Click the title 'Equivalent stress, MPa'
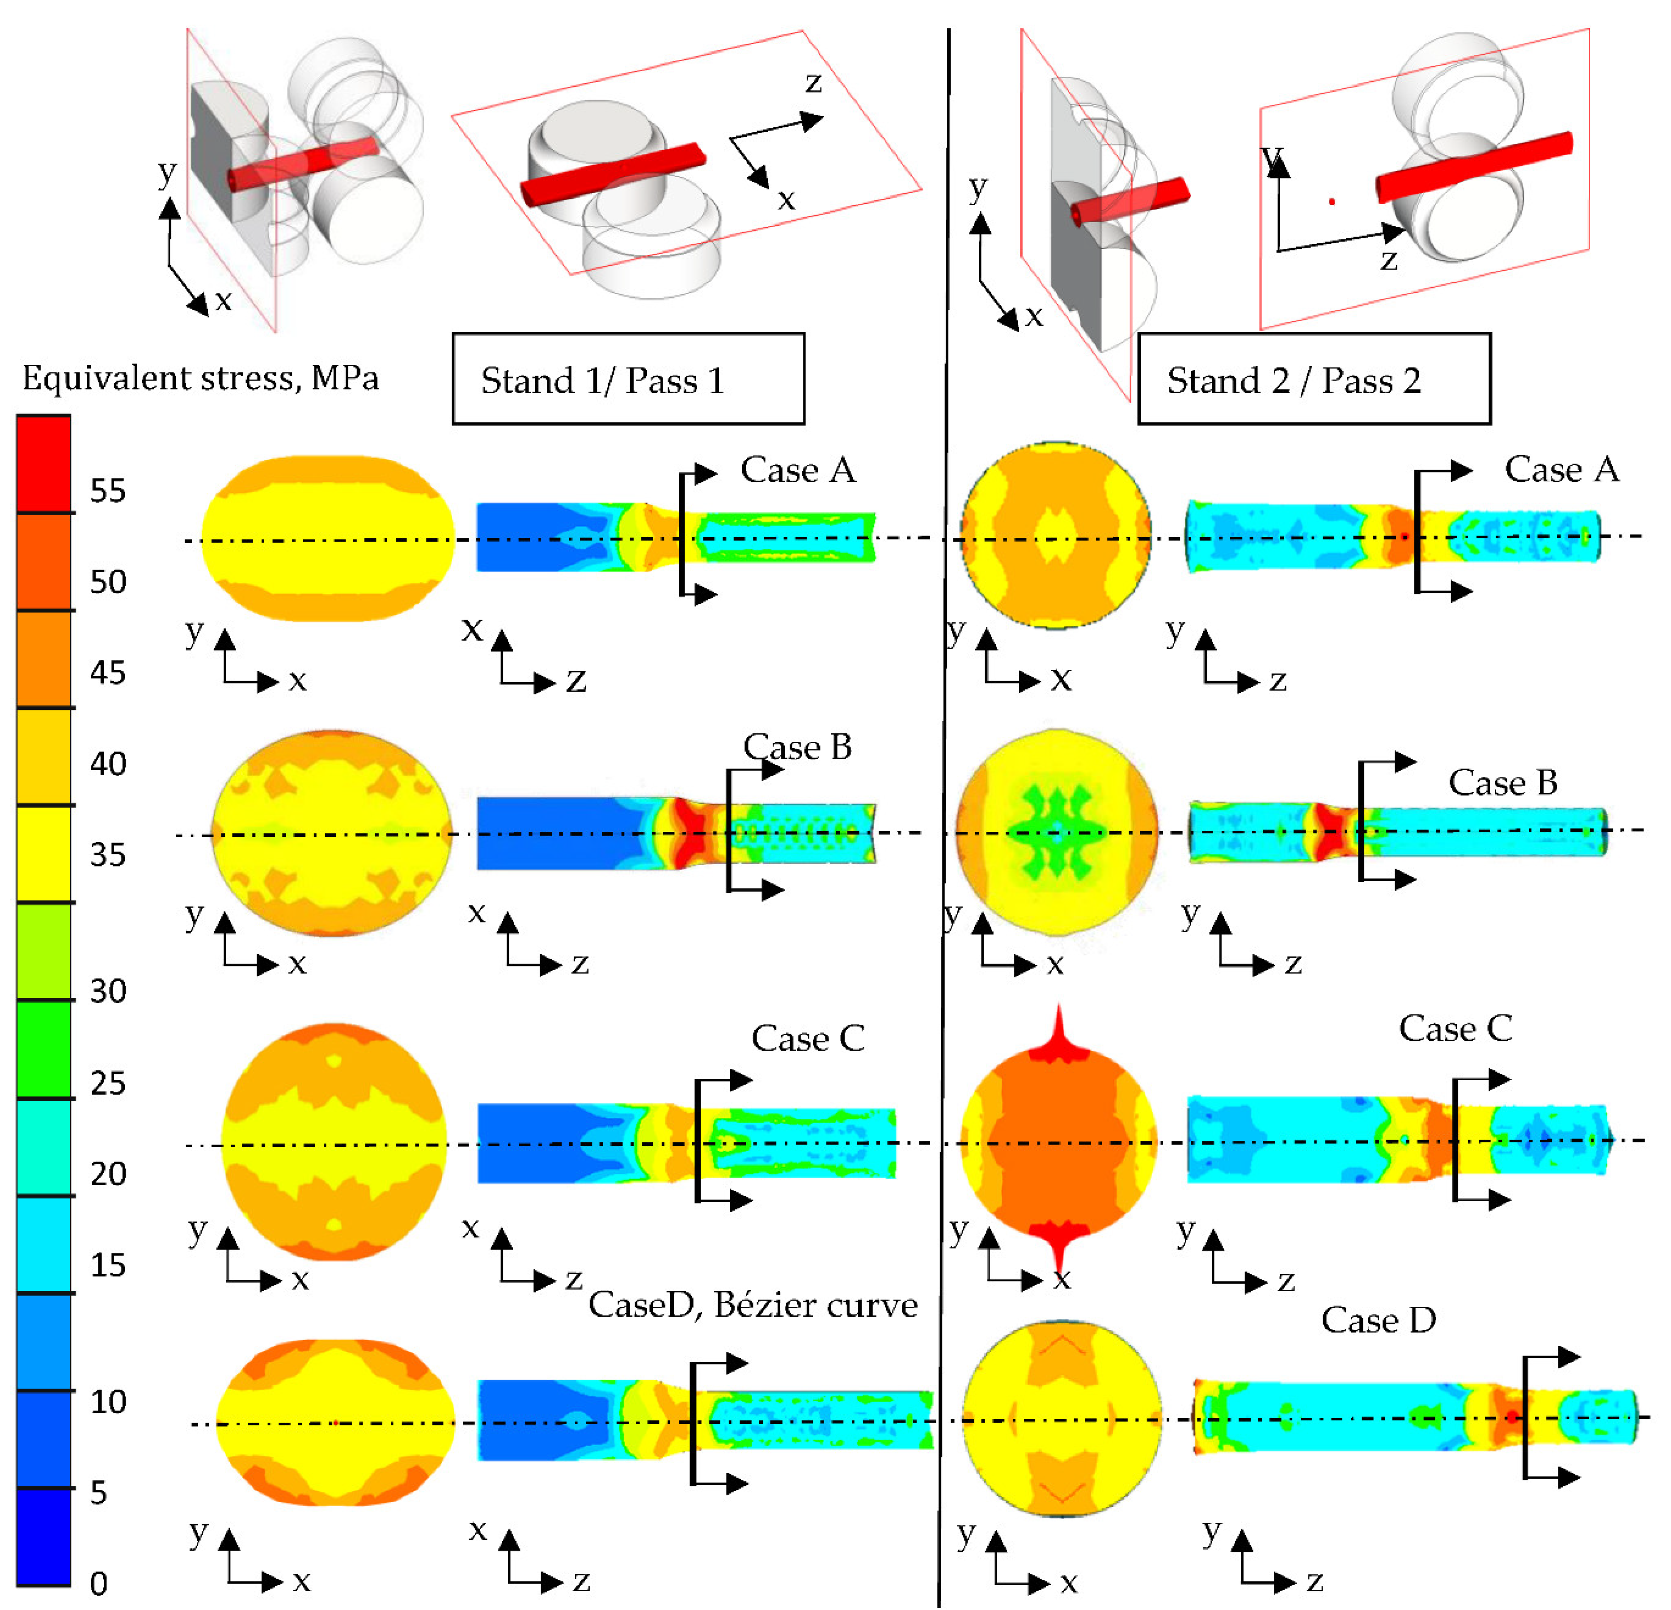coord(200,377)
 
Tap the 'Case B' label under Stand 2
coord(1502,782)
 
